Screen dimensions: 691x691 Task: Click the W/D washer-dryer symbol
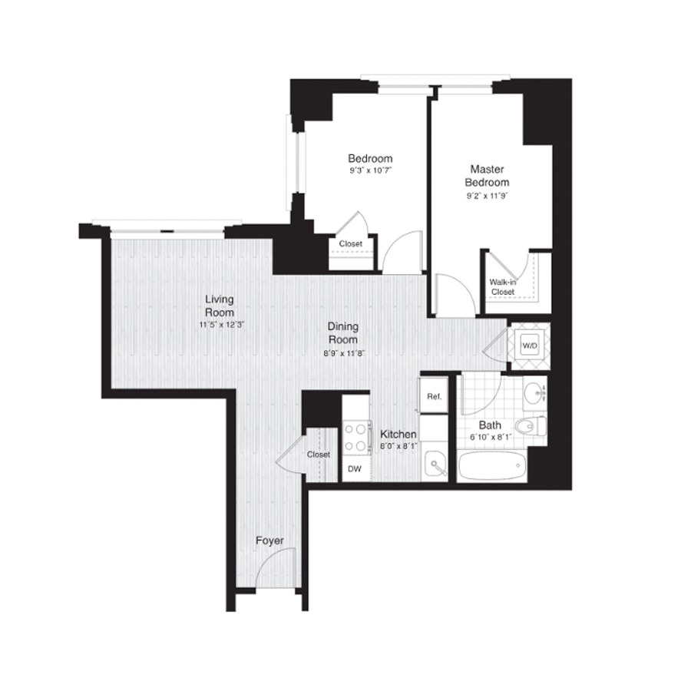(x=530, y=346)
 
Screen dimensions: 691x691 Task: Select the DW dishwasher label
(x=354, y=469)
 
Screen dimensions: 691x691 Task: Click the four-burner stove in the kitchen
(x=355, y=437)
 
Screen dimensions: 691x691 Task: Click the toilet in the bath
(x=531, y=426)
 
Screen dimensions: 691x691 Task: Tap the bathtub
(x=492, y=465)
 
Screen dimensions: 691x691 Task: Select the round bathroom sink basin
(x=534, y=392)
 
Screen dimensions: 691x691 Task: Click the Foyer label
(x=269, y=541)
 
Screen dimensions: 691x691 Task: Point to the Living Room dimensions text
(x=221, y=326)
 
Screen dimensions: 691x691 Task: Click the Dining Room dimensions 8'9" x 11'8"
(x=343, y=353)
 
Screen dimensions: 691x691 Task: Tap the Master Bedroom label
(x=487, y=175)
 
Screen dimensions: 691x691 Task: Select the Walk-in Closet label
(x=503, y=287)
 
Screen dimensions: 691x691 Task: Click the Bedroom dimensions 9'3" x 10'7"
(x=371, y=170)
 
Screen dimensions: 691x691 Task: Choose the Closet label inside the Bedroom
(x=351, y=243)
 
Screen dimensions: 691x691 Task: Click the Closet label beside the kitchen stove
(x=319, y=455)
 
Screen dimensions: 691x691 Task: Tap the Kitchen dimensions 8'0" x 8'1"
(x=398, y=446)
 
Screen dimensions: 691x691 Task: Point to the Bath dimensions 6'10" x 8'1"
(x=491, y=438)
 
